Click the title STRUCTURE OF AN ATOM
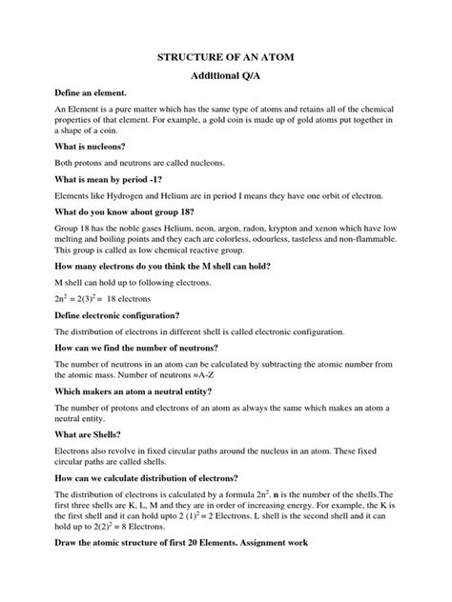coord(226,59)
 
